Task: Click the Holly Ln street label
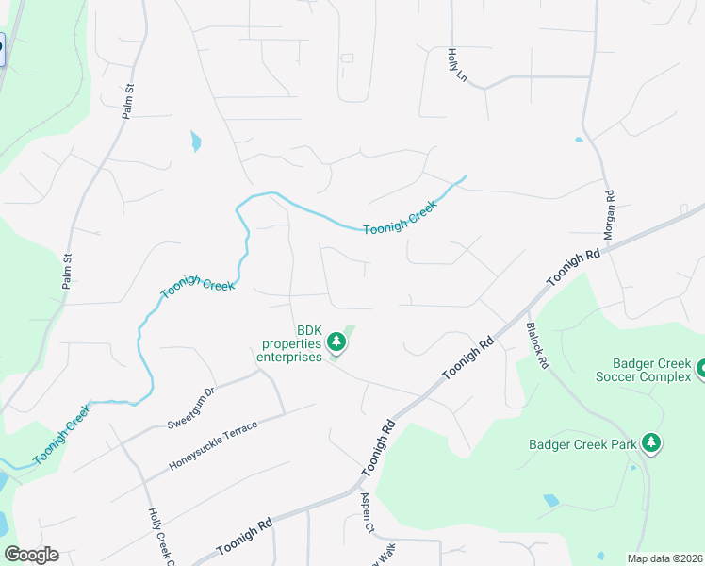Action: click(x=457, y=66)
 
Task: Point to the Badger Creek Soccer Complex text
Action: click(x=638, y=370)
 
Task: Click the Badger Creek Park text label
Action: click(x=582, y=443)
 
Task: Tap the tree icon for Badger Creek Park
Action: click(x=650, y=442)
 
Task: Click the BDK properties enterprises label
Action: click(x=290, y=343)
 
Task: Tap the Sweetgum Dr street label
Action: click(x=191, y=408)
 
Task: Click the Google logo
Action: click(x=31, y=555)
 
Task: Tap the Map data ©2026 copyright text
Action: click(x=664, y=558)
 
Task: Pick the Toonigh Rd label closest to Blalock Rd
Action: click(x=468, y=358)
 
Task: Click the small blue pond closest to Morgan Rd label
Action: click(x=578, y=141)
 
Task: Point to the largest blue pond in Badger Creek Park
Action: click(x=551, y=501)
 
